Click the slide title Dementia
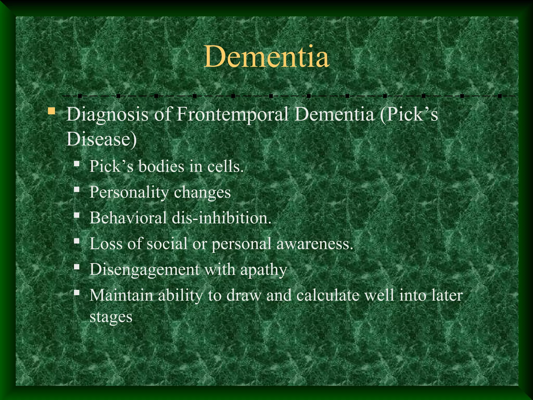[266, 57]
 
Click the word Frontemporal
[232, 115]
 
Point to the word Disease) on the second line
[101, 139]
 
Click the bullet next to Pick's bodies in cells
[77, 164]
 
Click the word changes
[202, 192]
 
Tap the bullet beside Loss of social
[77, 241]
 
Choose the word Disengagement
[144, 270]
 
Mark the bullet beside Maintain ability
[77, 293]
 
